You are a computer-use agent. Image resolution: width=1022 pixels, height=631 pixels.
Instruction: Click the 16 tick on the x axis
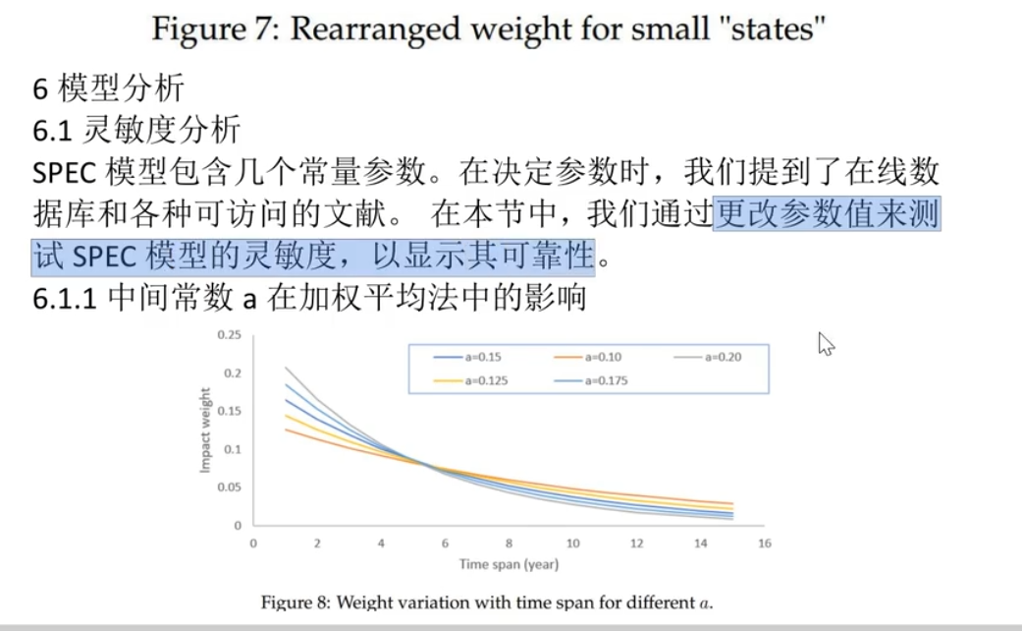pyautogui.click(x=764, y=543)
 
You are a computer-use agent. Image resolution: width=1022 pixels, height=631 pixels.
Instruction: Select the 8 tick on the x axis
pyautogui.click(x=509, y=543)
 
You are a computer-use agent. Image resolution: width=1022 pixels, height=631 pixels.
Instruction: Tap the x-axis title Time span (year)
pyautogui.click(x=508, y=564)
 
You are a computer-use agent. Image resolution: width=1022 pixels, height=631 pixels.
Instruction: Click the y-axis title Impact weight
pyautogui.click(x=206, y=430)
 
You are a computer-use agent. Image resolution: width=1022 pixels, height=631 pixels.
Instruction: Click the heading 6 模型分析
pyautogui.click(x=108, y=89)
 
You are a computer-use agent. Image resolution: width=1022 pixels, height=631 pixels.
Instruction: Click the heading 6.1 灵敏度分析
pyautogui.click(x=135, y=131)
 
